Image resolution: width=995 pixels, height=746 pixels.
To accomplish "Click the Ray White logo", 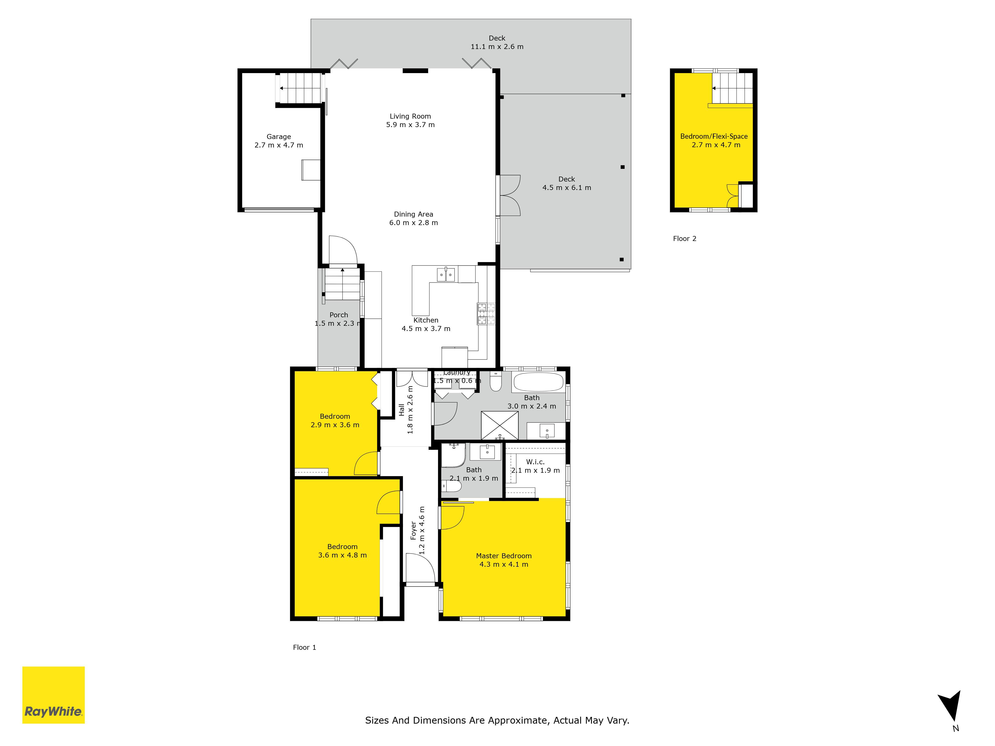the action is (53, 695).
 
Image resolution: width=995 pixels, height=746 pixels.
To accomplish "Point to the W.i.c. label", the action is (535, 462).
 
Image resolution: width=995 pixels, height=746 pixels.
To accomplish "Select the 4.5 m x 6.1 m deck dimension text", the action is (567, 187).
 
